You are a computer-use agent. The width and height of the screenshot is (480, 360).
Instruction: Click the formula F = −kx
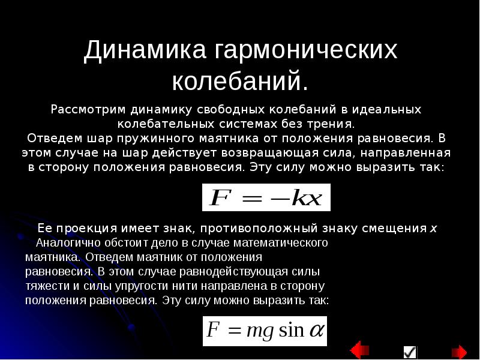[x=266, y=198]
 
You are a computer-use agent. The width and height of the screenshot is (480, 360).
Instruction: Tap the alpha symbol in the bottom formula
[x=316, y=331]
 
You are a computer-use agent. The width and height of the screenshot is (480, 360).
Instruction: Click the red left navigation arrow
[x=359, y=352]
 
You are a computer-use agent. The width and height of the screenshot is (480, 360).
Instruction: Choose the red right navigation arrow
[x=459, y=352]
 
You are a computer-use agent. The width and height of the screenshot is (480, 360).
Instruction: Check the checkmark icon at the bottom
[x=410, y=352]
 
